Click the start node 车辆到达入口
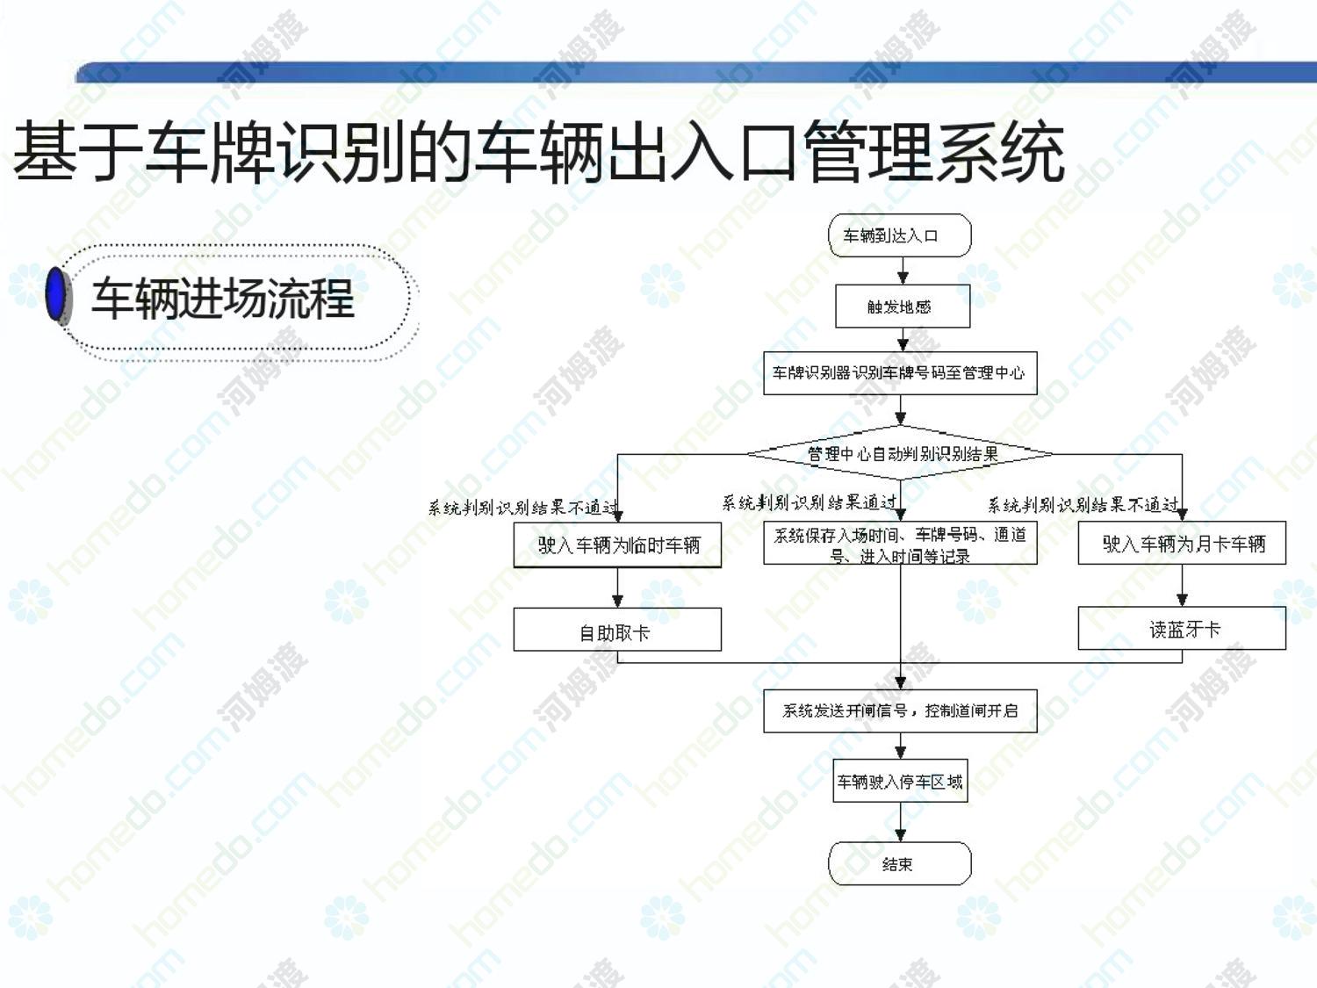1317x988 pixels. (x=900, y=235)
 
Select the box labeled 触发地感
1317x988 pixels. (x=902, y=306)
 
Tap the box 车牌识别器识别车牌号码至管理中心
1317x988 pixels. (x=900, y=373)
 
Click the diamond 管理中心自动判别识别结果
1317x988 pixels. (x=900, y=454)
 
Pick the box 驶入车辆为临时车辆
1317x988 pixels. (x=617, y=545)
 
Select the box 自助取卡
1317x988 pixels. (x=617, y=631)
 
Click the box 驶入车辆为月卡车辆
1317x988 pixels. (x=1182, y=544)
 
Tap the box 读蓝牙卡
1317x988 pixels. (x=1182, y=629)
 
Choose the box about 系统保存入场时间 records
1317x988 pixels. (x=900, y=544)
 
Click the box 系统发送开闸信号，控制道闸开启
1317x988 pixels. (x=900, y=710)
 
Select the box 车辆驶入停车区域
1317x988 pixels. (x=900, y=781)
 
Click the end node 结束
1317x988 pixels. (x=900, y=864)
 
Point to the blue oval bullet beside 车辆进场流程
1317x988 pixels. (x=57, y=295)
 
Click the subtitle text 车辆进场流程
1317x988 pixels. (x=223, y=299)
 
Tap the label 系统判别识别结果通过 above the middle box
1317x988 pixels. (x=810, y=502)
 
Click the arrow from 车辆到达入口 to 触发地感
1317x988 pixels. (x=902, y=271)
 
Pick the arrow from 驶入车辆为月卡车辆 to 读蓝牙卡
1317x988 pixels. (x=1182, y=586)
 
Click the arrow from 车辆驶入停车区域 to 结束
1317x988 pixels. (x=900, y=823)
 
